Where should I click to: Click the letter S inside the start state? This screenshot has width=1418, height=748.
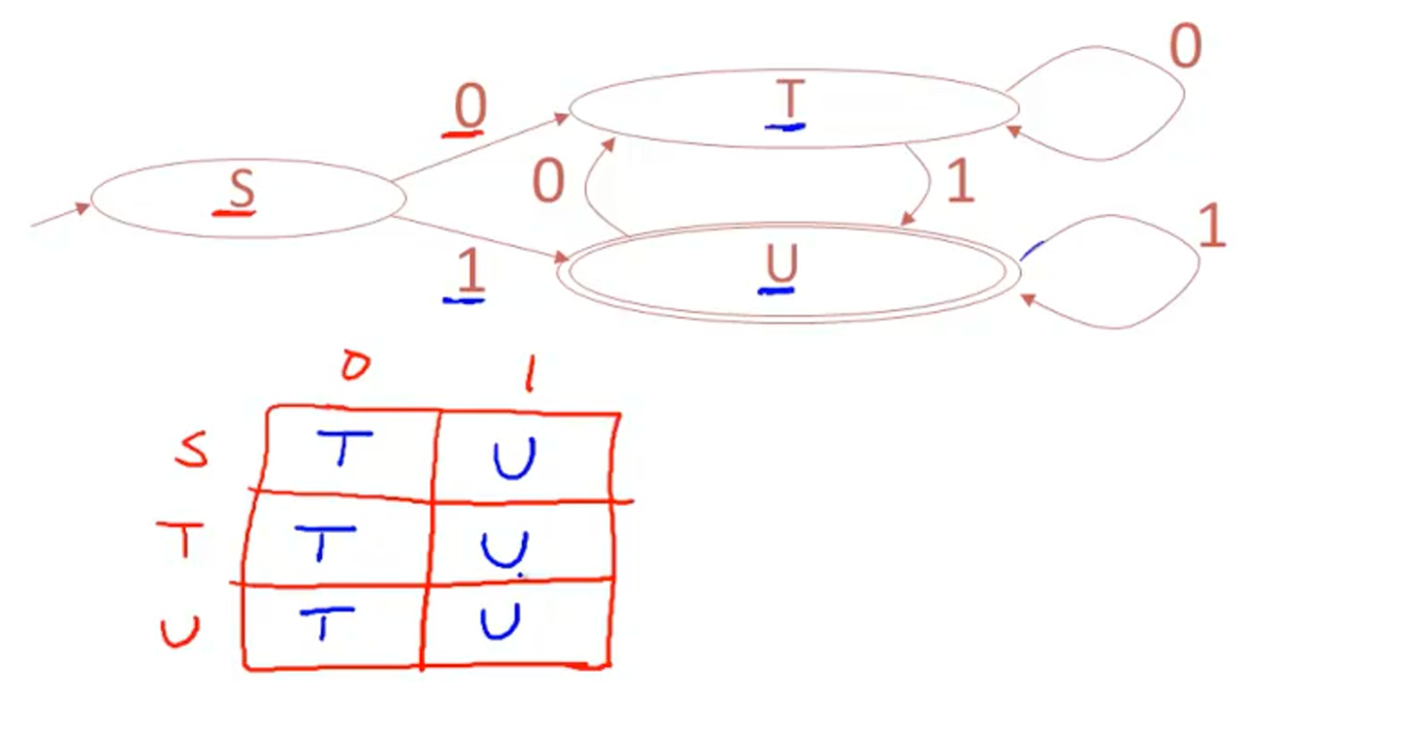click(x=241, y=190)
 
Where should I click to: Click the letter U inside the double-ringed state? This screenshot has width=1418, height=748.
click(x=780, y=264)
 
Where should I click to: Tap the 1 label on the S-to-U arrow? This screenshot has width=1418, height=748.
click(x=469, y=274)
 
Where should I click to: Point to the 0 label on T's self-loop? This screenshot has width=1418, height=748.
click(x=1185, y=48)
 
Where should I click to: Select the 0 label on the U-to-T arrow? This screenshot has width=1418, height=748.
click(x=548, y=182)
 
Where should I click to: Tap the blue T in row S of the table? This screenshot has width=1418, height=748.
click(x=343, y=448)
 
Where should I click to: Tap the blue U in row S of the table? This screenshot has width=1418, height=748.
click(x=514, y=460)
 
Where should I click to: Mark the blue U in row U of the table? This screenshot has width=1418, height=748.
click(x=501, y=620)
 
